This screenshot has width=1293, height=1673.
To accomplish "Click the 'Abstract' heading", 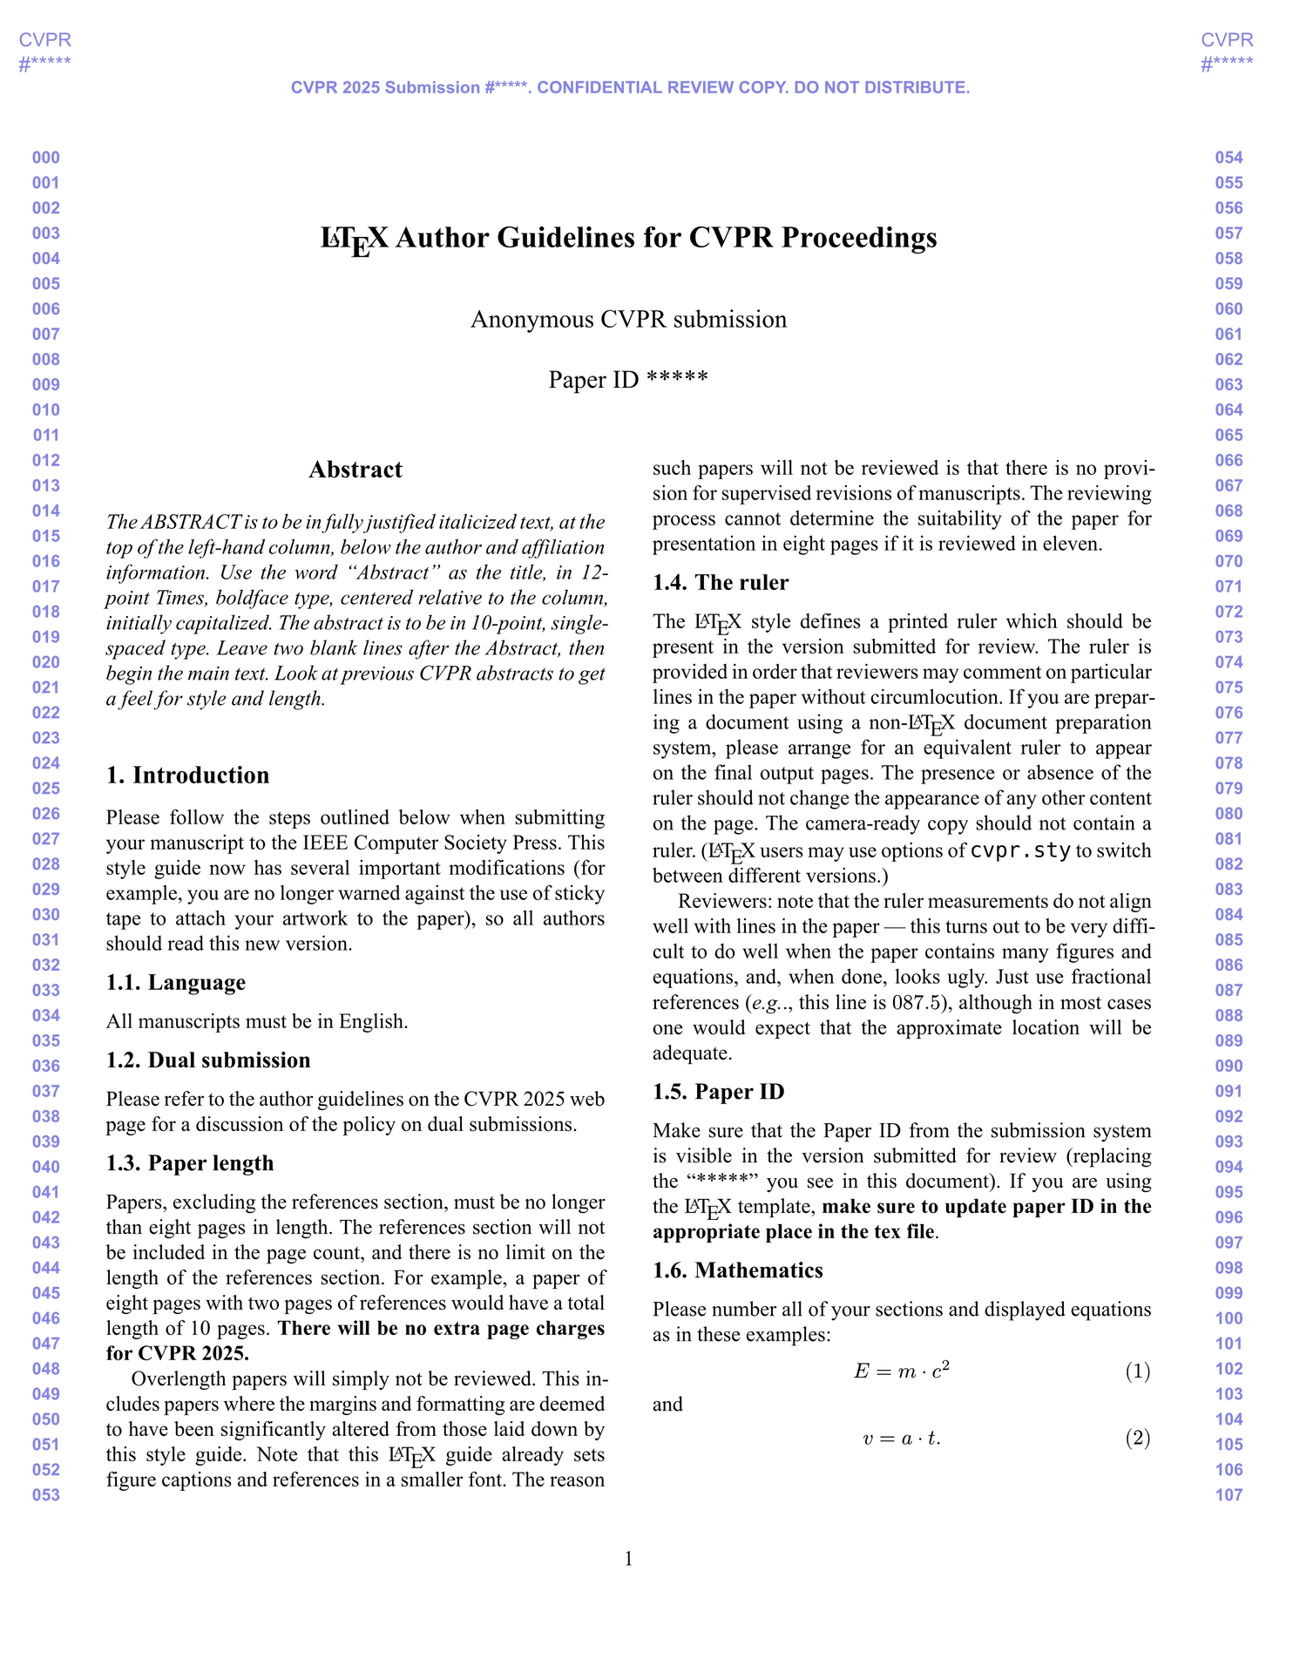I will click(355, 470).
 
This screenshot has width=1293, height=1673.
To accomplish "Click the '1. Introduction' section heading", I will click(187, 776).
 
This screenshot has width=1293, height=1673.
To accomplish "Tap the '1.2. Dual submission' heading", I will click(207, 1060).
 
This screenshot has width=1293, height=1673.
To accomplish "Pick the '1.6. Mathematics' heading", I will click(737, 1270).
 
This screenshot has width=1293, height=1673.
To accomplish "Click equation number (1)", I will click(1137, 1372).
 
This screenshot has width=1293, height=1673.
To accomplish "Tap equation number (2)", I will click(1137, 1438).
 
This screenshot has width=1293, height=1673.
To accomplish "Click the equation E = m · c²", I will click(901, 1372).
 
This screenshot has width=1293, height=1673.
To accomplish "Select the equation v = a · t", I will click(901, 1439).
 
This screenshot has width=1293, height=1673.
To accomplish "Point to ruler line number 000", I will click(46, 158).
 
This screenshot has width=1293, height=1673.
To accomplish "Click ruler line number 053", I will click(46, 1495).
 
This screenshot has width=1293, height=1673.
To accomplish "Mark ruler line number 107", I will click(1229, 1495).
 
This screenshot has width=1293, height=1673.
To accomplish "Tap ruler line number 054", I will click(1229, 158).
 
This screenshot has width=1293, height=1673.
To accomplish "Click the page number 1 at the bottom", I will click(628, 1559).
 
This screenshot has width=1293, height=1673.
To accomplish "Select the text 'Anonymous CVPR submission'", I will click(628, 320).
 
